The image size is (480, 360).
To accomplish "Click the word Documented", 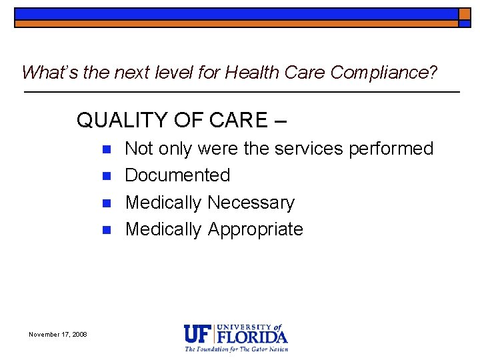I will click(x=177, y=175).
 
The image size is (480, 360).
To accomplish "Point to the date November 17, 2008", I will click(x=58, y=334).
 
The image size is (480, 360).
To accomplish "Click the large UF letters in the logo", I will click(x=197, y=334).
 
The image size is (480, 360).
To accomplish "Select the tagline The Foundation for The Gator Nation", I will click(x=237, y=349).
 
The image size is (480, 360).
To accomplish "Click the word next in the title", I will click(x=133, y=72).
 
